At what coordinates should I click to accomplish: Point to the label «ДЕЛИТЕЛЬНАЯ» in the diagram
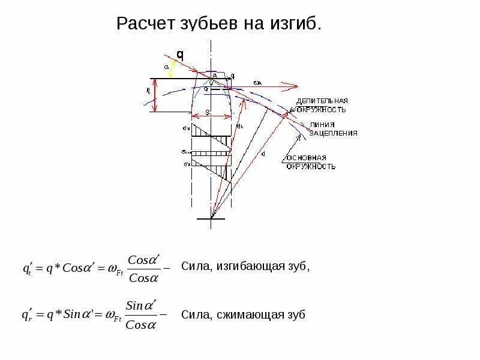(322, 101)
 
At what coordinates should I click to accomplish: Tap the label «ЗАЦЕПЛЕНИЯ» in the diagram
(334, 133)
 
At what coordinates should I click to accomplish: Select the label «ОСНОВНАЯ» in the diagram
(306, 158)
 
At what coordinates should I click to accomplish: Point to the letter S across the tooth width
(206, 112)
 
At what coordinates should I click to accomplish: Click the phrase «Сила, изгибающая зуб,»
(245, 267)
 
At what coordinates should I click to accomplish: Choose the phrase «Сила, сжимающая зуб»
(243, 314)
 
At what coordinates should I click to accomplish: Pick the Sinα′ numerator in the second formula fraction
(142, 306)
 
